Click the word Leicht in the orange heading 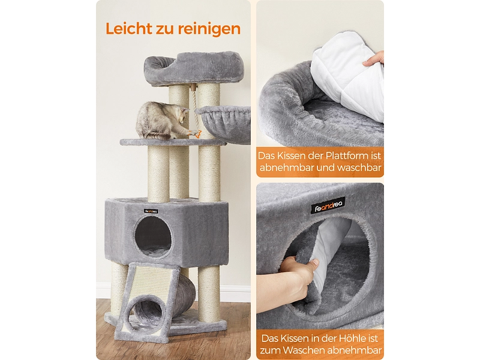[129, 28]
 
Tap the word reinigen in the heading [209, 29]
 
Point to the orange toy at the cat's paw [196, 134]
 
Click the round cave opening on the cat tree [152, 236]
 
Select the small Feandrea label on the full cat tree [151, 211]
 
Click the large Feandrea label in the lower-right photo [328, 205]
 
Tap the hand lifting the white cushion [374, 59]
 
